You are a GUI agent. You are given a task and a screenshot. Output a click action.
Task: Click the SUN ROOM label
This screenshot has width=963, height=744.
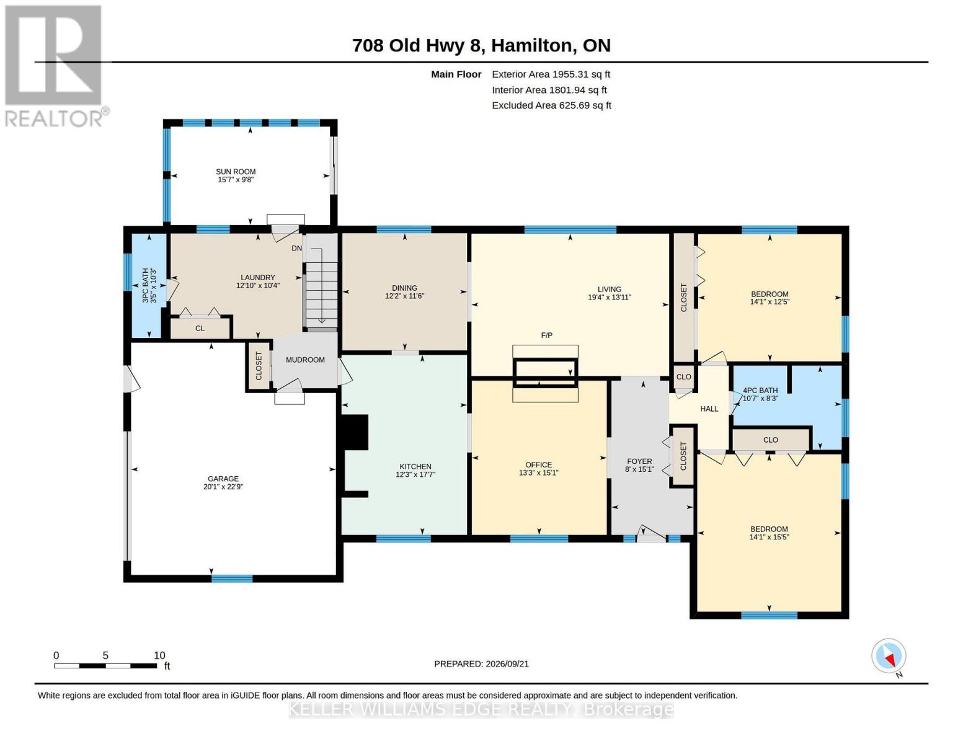235,172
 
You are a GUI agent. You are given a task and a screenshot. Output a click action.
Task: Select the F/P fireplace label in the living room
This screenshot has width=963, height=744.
546,335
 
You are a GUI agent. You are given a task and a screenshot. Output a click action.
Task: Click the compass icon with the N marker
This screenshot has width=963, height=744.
889,656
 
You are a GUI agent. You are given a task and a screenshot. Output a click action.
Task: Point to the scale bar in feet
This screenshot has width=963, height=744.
105,665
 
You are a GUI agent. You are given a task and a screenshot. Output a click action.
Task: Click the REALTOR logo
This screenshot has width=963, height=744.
55,66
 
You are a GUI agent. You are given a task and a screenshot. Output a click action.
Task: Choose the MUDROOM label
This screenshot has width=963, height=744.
305,360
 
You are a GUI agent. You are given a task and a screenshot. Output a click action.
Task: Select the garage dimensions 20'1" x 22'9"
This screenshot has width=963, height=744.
223,487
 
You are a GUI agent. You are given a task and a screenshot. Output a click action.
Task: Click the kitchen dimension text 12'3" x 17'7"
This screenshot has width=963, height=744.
415,474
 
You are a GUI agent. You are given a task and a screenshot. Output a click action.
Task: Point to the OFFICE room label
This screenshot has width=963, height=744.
538,465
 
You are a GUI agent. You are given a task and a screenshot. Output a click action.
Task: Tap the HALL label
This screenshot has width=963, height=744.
709,409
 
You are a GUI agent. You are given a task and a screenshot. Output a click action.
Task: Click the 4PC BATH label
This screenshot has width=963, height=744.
760,391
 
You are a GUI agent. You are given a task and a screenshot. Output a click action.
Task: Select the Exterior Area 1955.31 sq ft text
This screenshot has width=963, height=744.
551,74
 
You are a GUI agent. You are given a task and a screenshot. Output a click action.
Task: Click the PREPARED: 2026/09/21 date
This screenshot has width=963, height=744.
481,664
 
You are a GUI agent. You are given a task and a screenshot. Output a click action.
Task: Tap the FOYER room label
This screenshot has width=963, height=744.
639,461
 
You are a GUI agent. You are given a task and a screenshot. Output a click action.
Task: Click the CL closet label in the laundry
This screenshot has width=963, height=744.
200,329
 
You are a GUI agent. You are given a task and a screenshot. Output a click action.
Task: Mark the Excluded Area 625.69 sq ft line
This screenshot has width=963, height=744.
551,105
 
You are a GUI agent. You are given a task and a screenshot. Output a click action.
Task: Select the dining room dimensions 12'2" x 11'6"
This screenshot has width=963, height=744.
404,296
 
